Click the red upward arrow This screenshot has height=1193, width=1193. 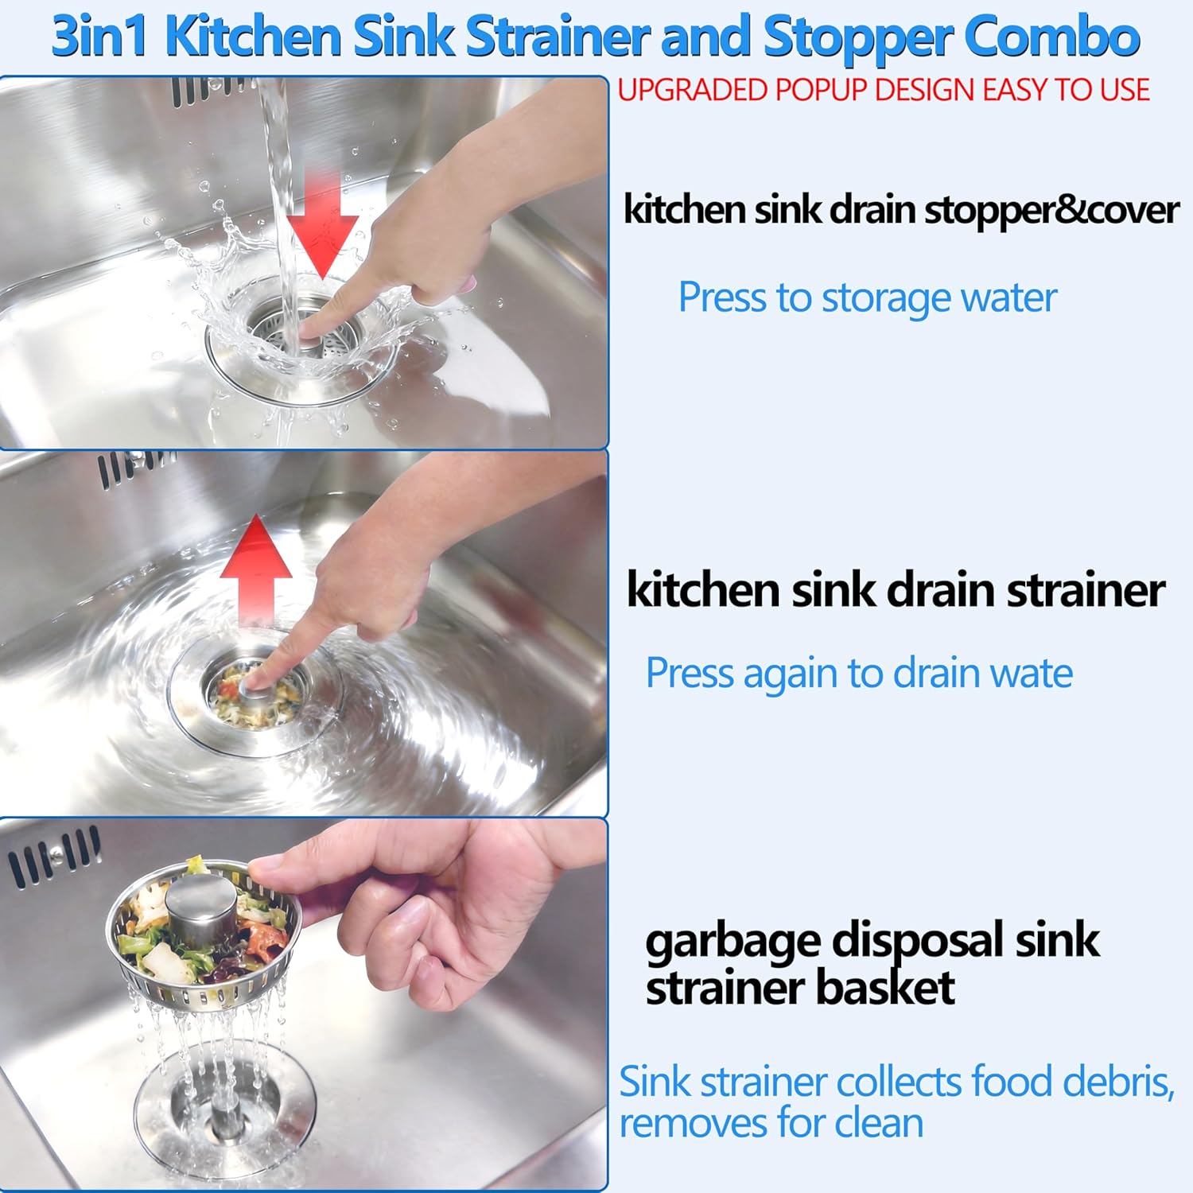click(x=256, y=566)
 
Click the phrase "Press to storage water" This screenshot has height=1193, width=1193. click(x=867, y=298)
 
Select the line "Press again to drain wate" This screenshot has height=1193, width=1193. click(x=859, y=674)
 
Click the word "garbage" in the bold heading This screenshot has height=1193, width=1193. click(x=733, y=942)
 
